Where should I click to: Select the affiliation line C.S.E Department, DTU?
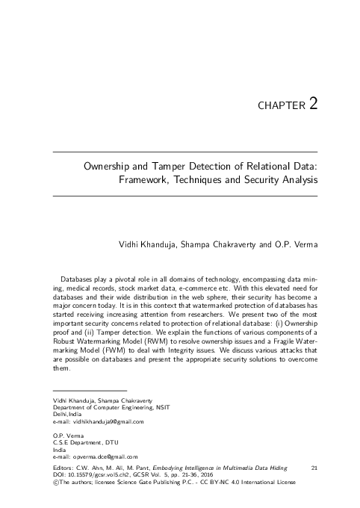[77, 442]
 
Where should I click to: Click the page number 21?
[314, 467]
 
